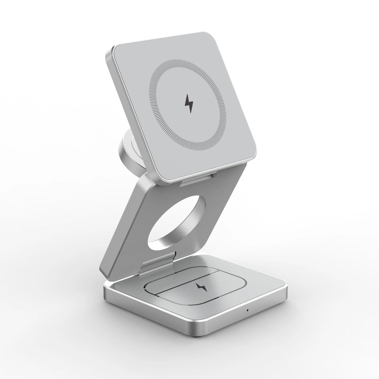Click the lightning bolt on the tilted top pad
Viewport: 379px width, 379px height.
point(189,104)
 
